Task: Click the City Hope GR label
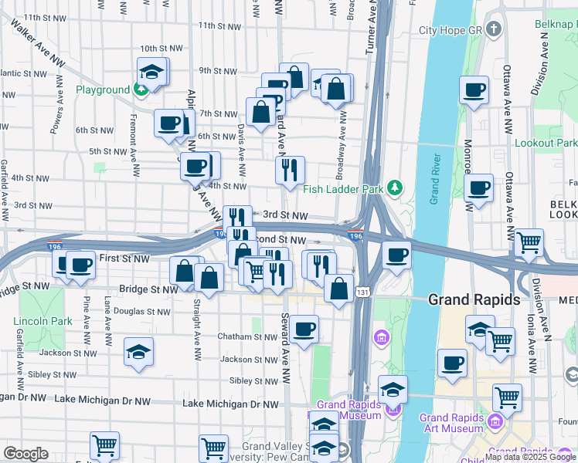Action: click(450, 31)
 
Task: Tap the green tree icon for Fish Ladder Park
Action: click(395, 187)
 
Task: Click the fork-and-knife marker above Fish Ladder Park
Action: click(290, 171)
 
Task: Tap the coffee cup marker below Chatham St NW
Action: click(303, 330)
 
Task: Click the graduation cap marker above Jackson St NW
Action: click(139, 352)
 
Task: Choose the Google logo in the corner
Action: click(25, 454)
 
